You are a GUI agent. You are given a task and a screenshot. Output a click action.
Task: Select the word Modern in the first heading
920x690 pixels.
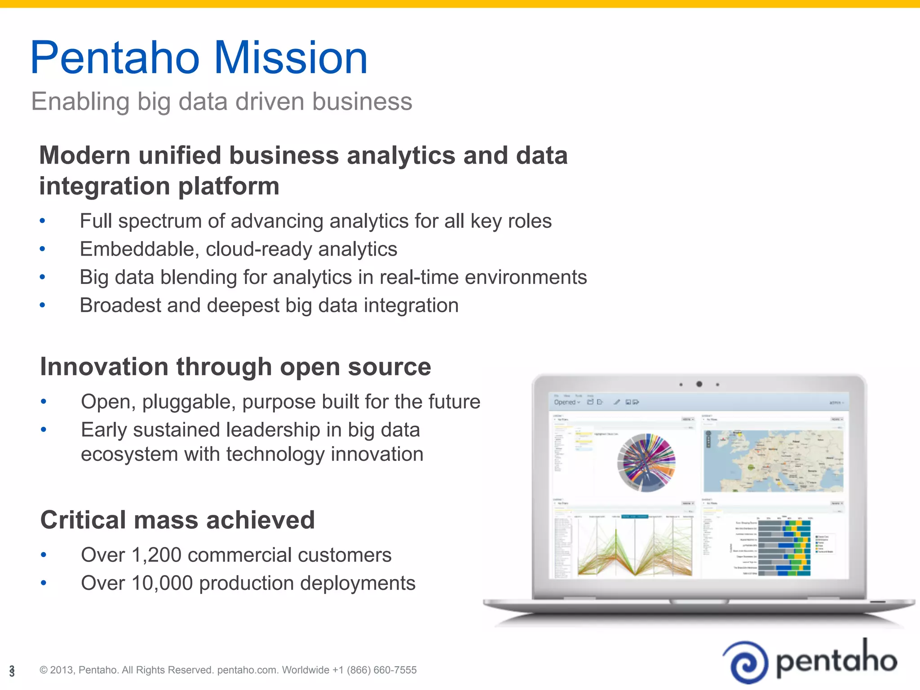85,155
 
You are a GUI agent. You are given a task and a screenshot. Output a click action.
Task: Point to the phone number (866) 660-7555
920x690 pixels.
381,670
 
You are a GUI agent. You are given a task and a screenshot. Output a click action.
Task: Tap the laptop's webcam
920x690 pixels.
699,384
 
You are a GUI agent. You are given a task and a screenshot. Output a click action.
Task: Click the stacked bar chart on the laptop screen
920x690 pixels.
784,548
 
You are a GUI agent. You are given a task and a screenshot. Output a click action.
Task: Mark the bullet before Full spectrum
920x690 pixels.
43,221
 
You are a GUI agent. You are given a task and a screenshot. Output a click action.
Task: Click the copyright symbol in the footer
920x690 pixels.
44,670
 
